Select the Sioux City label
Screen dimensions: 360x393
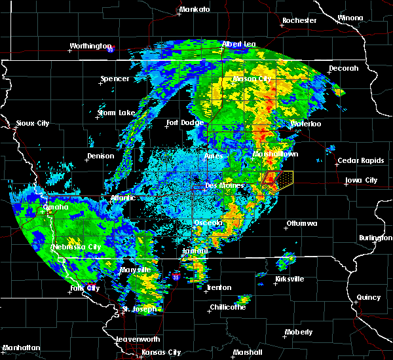point(33,123)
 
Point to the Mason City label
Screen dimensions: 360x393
point(252,79)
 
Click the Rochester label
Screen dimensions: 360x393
point(299,21)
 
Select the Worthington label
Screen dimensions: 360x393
point(91,46)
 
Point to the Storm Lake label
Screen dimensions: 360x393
point(116,113)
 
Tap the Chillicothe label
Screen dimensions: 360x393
point(228,307)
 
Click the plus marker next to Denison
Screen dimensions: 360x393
point(87,162)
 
